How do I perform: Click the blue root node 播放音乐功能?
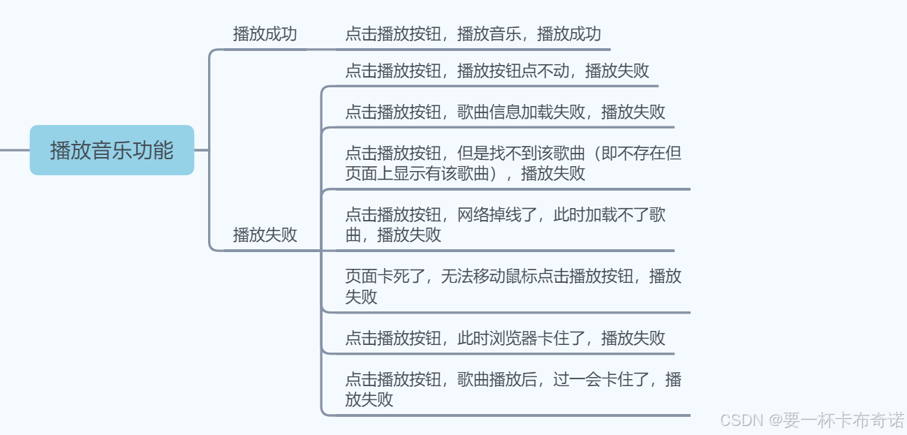[x=112, y=150]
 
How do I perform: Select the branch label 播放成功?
[x=265, y=34]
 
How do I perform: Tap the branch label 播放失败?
[x=265, y=235]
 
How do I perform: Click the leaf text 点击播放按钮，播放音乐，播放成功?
[x=473, y=34]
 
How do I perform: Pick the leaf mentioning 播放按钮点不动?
[x=497, y=71]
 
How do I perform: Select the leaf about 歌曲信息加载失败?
[x=505, y=112]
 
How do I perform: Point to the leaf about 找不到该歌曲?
[x=513, y=163]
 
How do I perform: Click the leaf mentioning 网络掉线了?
[x=505, y=224]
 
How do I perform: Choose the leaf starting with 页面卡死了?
[x=513, y=286]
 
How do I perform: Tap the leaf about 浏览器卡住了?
[x=505, y=339]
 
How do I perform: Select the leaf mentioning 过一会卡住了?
[x=513, y=389]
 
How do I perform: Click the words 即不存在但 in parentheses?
[x=642, y=154]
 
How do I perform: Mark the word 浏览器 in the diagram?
[x=513, y=339]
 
